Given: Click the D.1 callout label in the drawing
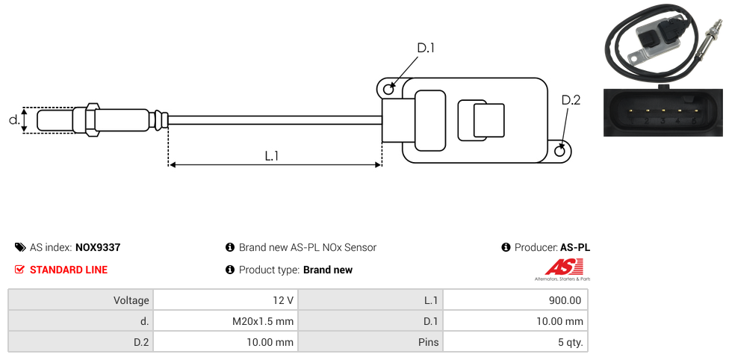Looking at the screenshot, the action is (x=426, y=48).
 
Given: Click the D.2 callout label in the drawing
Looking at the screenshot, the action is (x=571, y=100).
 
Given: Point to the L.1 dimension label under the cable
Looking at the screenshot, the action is (x=272, y=156).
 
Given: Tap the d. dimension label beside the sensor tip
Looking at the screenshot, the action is (x=14, y=120).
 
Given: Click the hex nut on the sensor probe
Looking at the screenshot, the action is (x=92, y=120).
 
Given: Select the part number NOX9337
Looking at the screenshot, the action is (x=98, y=247).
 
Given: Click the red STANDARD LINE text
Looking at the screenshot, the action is (x=69, y=270).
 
